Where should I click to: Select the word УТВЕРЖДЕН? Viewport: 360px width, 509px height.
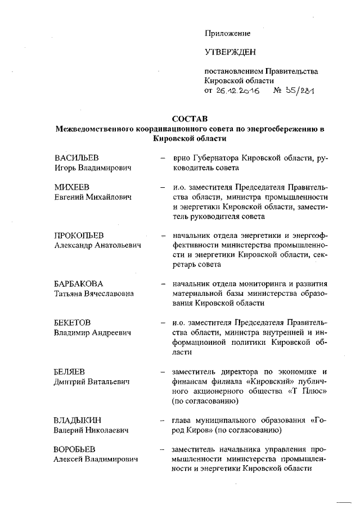[229, 53]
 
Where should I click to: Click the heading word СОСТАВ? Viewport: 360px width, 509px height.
[190, 119]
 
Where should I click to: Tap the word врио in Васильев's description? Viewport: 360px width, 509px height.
[183, 157]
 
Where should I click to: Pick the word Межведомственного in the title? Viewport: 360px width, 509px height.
[96, 129]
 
